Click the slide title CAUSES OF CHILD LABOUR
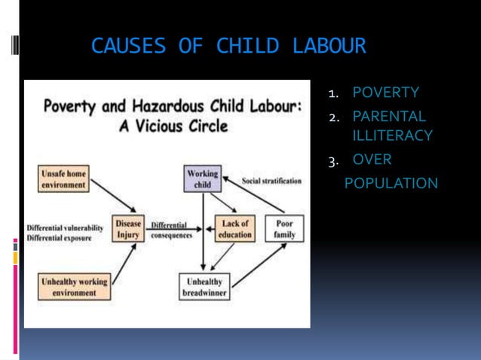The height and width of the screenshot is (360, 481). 228,47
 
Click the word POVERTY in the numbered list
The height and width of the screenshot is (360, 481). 386,93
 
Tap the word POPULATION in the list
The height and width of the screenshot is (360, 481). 391,183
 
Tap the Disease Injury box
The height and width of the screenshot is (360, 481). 127,230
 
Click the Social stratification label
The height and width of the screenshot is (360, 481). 271,182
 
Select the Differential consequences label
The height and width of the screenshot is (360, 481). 170,230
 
